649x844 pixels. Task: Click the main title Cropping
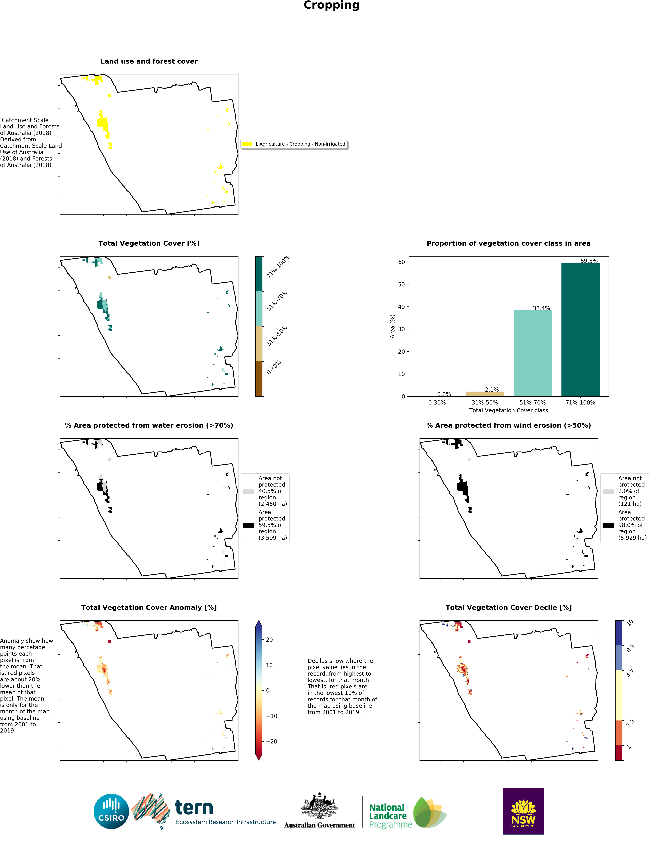tap(332, 5)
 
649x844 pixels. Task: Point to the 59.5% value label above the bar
tap(589, 261)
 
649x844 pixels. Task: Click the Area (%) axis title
tap(392, 326)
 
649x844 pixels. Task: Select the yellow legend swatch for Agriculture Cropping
tap(246, 144)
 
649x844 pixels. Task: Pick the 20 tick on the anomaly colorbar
tap(269, 640)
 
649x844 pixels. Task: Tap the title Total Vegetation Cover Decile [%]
tap(508, 607)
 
